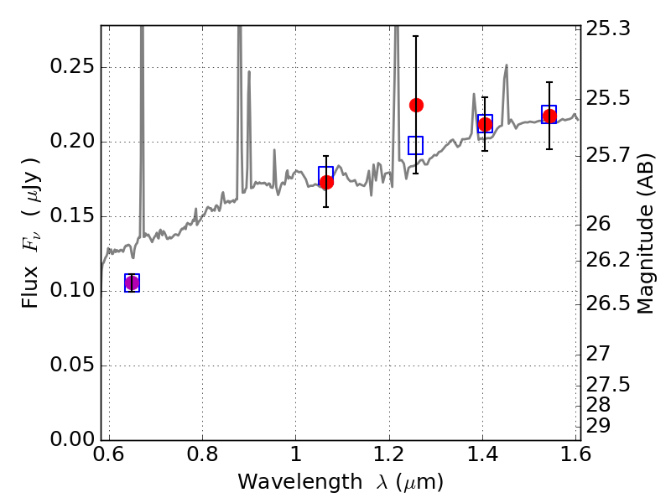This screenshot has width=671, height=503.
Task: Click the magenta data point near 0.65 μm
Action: pyautogui.click(x=132, y=283)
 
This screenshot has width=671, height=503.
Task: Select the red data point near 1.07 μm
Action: pyautogui.click(x=326, y=182)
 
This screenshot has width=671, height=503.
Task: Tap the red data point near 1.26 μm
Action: pyautogui.click(x=416, y=105)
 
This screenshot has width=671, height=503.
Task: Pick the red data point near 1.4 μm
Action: pyautogui.click(x=485, y=125)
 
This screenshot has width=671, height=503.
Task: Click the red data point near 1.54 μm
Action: pyautogui.click(x=549, y=117)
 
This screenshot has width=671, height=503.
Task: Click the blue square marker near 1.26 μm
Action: pyautogui.click(x=416, y=145)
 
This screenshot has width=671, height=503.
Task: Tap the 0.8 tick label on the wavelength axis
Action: pyautogui.click(x=202, y=457)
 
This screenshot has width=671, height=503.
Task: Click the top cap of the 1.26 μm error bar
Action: pyautogui.click(x=416, y=36)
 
